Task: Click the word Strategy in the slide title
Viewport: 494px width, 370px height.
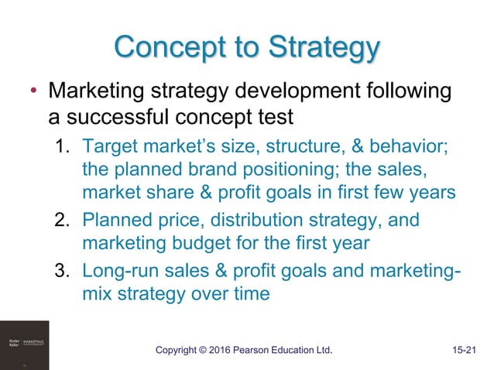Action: coord(324,49)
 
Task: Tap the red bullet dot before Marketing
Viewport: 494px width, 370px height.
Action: coord(32,93)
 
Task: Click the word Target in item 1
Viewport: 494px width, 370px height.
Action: coord(108,146)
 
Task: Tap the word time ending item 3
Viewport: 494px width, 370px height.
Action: coord(249,294)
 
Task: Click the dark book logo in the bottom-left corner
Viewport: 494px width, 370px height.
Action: coord(24,345)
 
